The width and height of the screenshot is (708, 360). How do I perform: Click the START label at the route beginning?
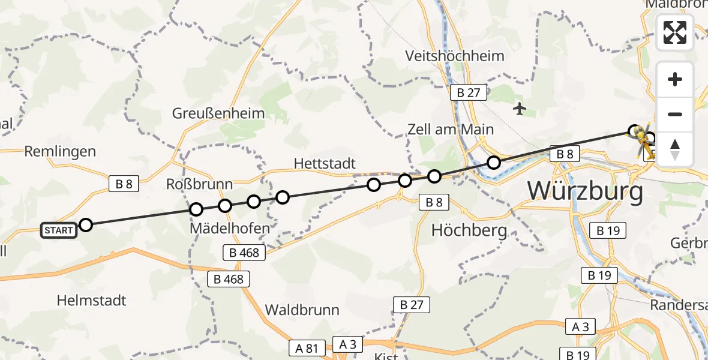[x=59, y=230]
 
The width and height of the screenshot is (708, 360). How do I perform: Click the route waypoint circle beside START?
[x=86, y=225]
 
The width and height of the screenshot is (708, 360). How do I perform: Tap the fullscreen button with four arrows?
[x=675, y=32]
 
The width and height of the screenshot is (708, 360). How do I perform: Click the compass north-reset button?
[x=675, y=149]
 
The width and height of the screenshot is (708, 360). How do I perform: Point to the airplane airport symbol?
[x=520, y=109]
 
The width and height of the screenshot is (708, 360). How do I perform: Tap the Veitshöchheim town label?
[x=455, y=56]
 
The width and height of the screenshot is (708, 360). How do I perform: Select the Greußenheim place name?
[x=218, y=113]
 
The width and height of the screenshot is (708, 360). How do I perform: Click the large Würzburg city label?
[x=585, y=191]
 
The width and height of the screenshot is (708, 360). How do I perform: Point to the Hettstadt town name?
[x=325, y=163]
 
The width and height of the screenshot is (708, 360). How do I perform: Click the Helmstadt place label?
[x=92, y=300]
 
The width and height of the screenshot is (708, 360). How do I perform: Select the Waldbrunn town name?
[x=302, y=310]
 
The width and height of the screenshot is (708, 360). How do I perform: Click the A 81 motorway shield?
[x=307, y=347]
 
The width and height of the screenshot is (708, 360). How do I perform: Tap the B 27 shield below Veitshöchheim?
[x=469, y=92]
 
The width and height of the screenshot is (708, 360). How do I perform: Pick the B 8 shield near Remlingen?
[x=124, y=184]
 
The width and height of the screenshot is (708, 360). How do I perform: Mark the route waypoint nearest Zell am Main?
[x=493, y=162]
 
